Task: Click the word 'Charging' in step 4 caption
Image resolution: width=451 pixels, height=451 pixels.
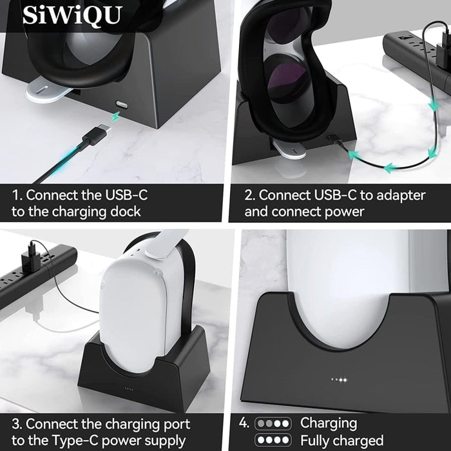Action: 329,423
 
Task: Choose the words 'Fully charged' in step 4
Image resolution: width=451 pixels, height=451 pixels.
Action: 342,441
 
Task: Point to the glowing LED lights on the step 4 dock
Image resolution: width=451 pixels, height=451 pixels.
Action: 339,380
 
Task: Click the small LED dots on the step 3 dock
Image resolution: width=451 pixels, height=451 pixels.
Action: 129,389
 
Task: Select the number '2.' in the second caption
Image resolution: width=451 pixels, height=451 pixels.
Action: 249,194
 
